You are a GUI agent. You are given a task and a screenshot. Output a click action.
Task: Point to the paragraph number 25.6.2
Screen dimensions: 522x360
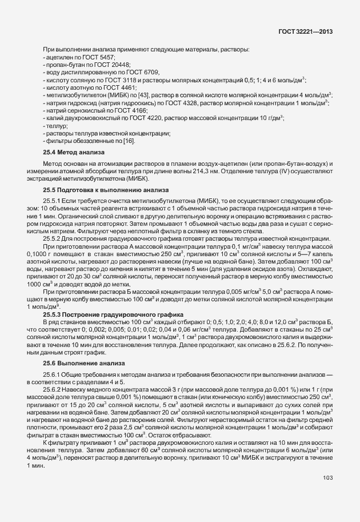53,389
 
